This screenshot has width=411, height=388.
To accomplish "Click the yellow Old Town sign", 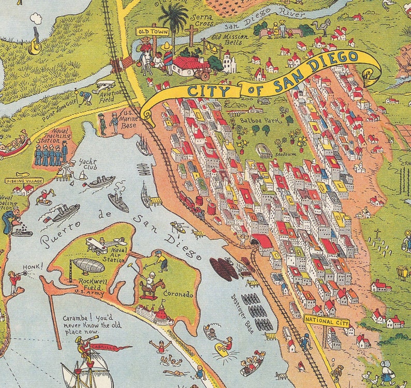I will click(145, 32).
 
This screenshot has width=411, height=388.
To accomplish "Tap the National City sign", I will click(322, 320).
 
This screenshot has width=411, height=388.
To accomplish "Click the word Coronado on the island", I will click(179, 294).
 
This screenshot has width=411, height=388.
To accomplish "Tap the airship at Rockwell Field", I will click(89, 265).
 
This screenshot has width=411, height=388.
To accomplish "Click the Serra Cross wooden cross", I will click(192, 35).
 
